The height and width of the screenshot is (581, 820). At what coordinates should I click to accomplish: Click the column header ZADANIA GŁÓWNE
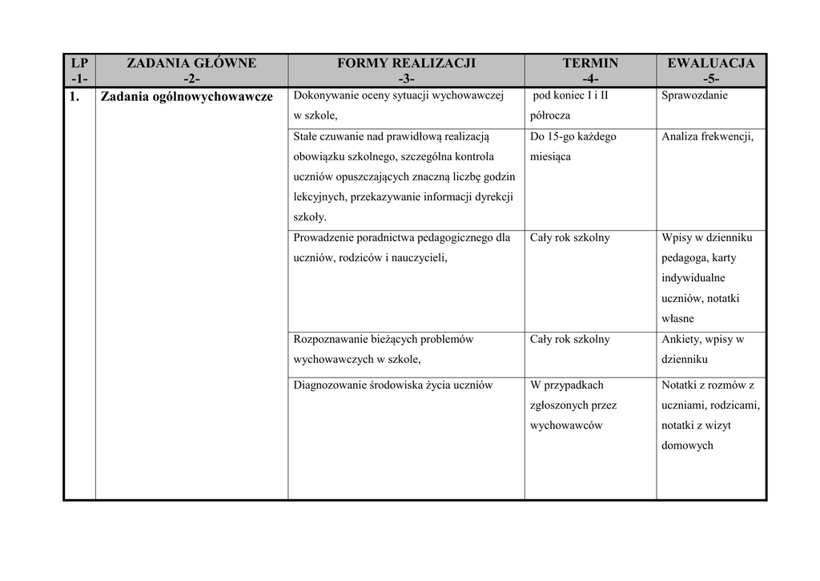click(x=191, y=71)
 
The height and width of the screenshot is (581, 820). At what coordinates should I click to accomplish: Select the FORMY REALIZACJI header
click(x=406, y=71)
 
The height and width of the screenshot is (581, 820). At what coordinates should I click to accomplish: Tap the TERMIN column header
click(x=590, y=71)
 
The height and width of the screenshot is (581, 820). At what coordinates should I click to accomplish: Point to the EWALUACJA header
click(x=710, y=71)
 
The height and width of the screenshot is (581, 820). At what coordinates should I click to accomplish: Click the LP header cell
click(x=79, y=71)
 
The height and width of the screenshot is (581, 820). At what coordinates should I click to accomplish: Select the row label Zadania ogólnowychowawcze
click(x=187, y=97)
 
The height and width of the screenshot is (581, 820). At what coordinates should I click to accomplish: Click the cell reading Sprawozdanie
click(x=694, y=95)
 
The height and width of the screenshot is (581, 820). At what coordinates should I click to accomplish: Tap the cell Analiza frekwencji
click(x=707, y=137)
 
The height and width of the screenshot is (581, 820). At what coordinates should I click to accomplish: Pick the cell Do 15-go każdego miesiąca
click(x=573, y=147)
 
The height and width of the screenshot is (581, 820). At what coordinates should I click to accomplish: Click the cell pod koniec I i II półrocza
click(x=569, y=105)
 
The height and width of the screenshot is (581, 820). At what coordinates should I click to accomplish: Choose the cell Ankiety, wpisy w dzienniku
click(x=702, y=349)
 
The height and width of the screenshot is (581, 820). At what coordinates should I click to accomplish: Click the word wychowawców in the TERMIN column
click(x=565, y=426)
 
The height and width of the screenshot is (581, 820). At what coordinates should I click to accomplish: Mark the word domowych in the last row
click(x=686, y=446)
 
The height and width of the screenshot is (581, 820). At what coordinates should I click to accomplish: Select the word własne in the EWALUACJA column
click(x=677, y=319)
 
